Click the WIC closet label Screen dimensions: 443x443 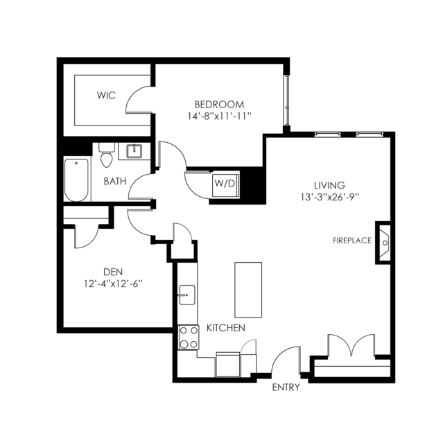click(x=106, y=95)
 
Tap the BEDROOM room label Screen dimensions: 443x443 click(x=219, y=105)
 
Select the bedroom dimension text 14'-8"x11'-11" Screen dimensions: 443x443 click(x=220, y=116)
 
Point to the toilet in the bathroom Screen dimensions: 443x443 click(x=107, y=155)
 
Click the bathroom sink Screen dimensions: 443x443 click(x=134, y=151)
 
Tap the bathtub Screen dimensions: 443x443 click(x=76, y=180)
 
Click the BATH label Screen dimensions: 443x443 click(x=114, y=181)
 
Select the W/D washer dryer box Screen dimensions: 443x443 click(x=225, y=186)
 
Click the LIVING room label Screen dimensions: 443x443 click(x=329, y=185)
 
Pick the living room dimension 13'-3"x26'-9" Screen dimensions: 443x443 click(x=329, y=197)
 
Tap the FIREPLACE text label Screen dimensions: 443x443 click(x=352, y=241)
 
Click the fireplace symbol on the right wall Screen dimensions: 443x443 click(x=383, y=243)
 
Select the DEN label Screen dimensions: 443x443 click(x=113, y=272)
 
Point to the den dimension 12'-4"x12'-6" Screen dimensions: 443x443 click(x=113, y=284)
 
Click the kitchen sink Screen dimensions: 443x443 click(x=186, y=295)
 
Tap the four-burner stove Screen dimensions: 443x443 click(x=189, y=338)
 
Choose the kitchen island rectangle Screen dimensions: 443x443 click(x=248, y=290)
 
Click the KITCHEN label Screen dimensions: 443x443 click(x=226, y=328)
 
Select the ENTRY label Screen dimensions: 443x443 click(x=286, y=388)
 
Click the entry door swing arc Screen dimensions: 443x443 click(x=279, y=353)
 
